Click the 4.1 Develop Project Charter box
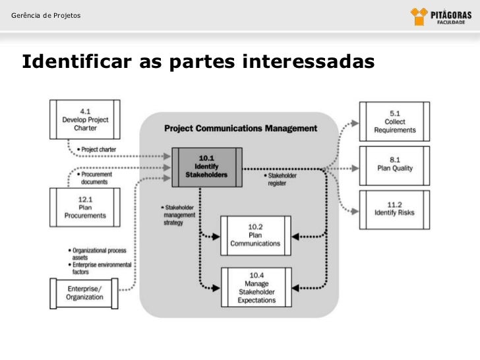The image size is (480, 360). click(85, 119)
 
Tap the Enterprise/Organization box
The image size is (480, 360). click(84, 293)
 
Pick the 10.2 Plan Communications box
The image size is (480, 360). click(255, 235)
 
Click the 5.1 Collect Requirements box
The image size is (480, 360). click(394, 121)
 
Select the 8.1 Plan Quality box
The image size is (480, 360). click(394, 164)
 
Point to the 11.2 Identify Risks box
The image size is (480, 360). click(394, 209)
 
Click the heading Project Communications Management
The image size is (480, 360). click(240, 129)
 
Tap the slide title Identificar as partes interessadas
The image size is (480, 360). click(198, 62)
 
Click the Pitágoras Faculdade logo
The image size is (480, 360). click(438, 16)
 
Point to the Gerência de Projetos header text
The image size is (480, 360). click(42, 15)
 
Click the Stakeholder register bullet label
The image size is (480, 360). click(282, 179)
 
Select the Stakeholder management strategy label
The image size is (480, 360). click(180, 214)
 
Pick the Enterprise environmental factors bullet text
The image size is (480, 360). click(100, 268)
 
